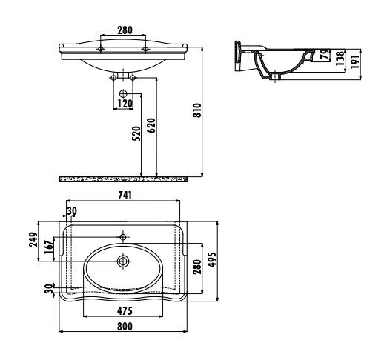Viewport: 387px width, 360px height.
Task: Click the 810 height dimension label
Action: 198,110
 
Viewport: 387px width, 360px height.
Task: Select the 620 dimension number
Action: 152,125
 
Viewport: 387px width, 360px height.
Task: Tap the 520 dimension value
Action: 136,133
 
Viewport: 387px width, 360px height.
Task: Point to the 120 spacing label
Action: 125,104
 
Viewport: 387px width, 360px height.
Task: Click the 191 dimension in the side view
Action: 354,62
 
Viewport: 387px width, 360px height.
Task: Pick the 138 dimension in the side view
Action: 340,59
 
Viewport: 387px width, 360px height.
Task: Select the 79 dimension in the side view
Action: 325,54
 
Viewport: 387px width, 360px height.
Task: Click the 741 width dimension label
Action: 125,196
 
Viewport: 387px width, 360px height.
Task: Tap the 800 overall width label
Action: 125,327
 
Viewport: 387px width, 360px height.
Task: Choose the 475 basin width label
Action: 125,311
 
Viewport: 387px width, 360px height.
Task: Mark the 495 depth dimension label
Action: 212,259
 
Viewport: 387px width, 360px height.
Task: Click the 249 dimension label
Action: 33,239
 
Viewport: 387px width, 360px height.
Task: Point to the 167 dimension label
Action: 49,247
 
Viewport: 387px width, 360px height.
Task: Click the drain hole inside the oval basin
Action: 123,261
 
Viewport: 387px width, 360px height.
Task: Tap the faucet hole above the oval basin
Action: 123,237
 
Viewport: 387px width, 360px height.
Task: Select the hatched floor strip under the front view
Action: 123,179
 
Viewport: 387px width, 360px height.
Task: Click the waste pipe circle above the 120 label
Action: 123,94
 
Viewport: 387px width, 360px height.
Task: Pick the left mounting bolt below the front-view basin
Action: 113,78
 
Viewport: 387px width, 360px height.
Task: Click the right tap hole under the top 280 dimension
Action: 145,50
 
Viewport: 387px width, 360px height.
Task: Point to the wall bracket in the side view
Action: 237,56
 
